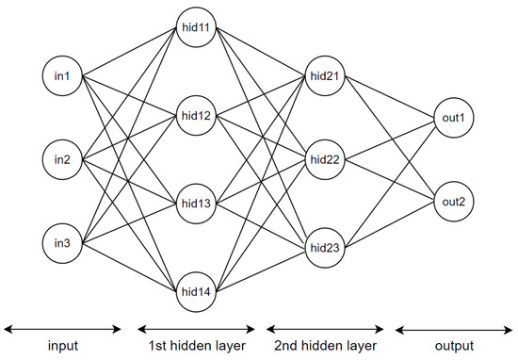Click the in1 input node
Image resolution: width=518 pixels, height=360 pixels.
62,75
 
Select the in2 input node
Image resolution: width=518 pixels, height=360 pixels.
62,160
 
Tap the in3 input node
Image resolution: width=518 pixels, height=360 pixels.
62,245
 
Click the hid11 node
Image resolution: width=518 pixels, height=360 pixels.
196,30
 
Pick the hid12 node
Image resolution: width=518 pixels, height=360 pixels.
196,117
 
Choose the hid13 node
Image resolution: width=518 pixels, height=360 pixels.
196,204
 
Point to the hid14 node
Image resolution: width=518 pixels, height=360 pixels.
196,290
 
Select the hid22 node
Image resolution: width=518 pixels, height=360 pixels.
325,160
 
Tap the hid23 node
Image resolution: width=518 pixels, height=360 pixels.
325,248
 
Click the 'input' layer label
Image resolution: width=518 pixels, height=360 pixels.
63,347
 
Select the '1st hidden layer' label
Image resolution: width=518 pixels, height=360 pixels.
196,347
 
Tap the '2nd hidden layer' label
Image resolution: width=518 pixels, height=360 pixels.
325,347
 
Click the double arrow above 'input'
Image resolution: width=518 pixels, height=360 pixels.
63,329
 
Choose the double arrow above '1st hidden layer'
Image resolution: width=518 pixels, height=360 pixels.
196,329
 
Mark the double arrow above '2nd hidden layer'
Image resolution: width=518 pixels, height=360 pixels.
325,329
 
